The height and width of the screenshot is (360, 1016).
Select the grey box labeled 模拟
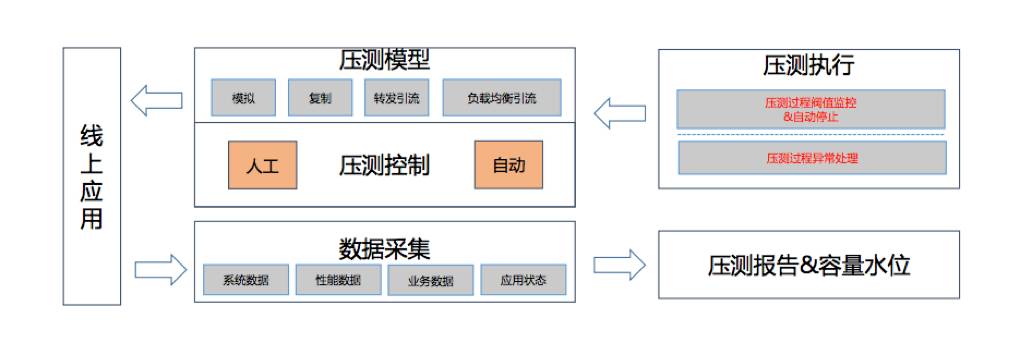point(243,98)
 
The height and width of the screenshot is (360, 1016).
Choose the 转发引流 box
point(397,98)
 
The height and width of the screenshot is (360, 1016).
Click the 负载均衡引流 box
point(501,98)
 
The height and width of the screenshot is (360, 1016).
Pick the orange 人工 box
point(262,165)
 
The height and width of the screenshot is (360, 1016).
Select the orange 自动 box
point(508,165)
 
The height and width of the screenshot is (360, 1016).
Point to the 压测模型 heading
point(385,61)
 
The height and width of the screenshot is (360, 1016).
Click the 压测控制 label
point(385,165)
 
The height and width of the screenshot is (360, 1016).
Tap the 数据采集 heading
point(385,246)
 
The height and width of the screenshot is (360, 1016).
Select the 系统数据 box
point(246,280)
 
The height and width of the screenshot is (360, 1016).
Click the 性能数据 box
point(339,280)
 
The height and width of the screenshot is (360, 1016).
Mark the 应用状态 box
point(523,280)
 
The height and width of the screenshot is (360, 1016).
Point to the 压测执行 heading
point(808,66)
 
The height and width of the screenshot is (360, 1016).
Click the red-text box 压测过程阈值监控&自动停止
point(811,109)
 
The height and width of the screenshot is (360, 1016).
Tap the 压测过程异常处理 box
point(811,157)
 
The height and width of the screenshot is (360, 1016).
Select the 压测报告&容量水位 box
point(809,265)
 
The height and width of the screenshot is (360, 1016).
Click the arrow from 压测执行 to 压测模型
point(619,112)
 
